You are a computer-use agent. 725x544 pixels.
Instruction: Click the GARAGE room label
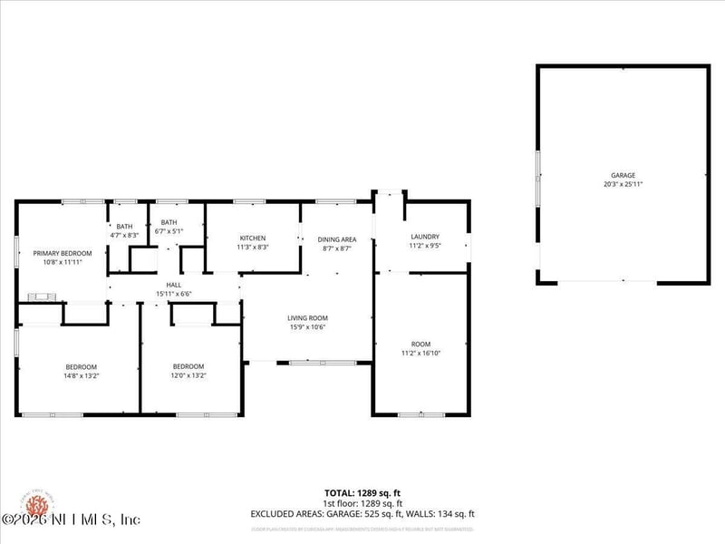(623, 175)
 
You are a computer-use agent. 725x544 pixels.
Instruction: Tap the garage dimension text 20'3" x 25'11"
(623, 184)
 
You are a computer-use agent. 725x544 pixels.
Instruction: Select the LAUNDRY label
(424, 237)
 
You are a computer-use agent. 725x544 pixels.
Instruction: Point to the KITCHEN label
(253, 238)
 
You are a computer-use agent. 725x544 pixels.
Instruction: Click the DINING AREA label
(337, 239)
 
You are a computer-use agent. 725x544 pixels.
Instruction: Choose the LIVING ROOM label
(307, 318)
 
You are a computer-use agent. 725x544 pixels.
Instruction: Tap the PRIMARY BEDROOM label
(63, 253)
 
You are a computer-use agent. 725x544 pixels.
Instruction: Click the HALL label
(174, 285)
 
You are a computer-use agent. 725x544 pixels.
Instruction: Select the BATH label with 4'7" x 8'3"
(124, 227)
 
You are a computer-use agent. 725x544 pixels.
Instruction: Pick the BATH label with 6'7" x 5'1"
(169, 222)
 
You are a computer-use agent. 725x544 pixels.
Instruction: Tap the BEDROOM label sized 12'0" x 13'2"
(189, 366)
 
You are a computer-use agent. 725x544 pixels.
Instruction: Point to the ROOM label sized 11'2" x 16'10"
(421, 344)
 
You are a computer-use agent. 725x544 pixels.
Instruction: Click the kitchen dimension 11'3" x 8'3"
(253, 247)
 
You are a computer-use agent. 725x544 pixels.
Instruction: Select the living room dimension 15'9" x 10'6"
(307, 327)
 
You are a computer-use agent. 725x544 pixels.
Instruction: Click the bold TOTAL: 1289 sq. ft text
(362, 493)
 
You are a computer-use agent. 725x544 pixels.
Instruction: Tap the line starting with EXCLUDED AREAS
(362, 514)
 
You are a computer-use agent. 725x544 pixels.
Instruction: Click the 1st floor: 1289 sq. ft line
(362, 503)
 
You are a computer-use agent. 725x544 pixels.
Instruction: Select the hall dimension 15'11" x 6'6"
(174, 294)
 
